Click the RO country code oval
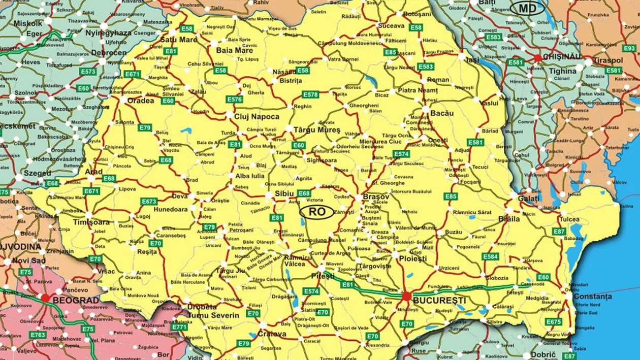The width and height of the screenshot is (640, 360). [x=317, y=212]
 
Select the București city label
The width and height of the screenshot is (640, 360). [x=432, y=300]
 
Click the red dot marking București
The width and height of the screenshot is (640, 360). [x=406, y=296]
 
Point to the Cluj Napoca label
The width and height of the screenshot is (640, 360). [x=257, y=116]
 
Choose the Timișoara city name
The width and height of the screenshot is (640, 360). [x=77, y=222]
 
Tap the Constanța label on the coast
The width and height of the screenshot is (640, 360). [x=592, y=296]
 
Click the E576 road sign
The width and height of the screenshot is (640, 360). [x=235, y=100]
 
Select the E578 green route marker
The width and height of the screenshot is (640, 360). [x=310, y=94]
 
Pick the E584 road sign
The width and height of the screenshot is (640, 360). [x=490, y=256]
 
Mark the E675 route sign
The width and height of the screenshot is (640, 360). [x=554, y=321]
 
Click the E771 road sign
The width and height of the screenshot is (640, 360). [x=179, y=327]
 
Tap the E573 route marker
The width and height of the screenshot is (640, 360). [x=88, y=72]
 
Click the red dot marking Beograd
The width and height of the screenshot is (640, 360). [x=46, y=298]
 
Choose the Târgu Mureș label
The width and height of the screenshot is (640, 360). [x=316, y=130]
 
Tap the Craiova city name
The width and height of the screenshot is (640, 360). [x=272, y=334]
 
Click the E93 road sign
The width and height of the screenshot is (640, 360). [x=629, y=48]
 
